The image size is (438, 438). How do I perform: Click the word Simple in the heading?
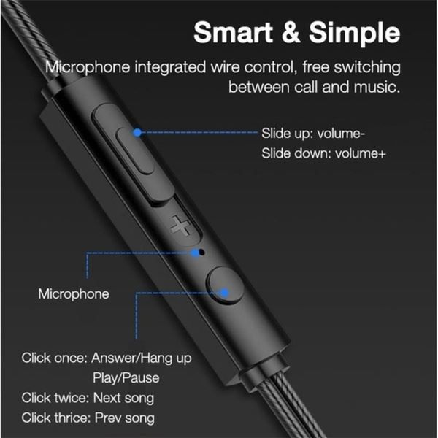point(356,34)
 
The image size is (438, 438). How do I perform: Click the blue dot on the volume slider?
point(137,133)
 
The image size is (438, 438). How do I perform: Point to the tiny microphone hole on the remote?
point(199,252)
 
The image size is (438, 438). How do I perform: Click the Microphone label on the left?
point(74,294)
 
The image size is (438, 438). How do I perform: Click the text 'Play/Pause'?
point(126,378)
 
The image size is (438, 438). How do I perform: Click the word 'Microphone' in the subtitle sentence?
point(87,68)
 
